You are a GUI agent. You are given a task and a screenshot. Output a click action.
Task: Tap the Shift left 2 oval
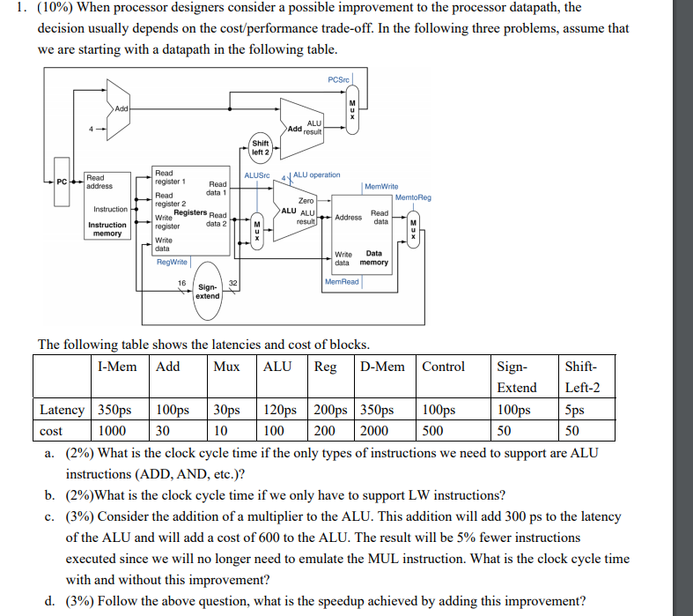coord(260,147)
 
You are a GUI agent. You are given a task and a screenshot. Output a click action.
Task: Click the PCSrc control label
coord(339,79)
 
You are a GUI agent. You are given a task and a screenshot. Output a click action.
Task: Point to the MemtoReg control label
coord(413,198)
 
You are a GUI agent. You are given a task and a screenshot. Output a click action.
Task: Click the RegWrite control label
coord(172,262)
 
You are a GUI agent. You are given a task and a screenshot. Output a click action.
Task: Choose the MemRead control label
coord(342,282)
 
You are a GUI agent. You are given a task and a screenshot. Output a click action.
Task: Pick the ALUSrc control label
coord(256,175)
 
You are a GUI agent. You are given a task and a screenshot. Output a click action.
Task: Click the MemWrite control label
coord(381,187)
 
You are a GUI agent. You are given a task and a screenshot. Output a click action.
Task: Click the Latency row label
coord(62,410)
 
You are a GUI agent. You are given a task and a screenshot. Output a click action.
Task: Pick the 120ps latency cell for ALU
coord(282,410)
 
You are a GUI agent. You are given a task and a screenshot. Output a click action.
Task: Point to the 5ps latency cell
coord(577,410)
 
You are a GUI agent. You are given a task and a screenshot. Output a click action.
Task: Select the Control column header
coord(444,366)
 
